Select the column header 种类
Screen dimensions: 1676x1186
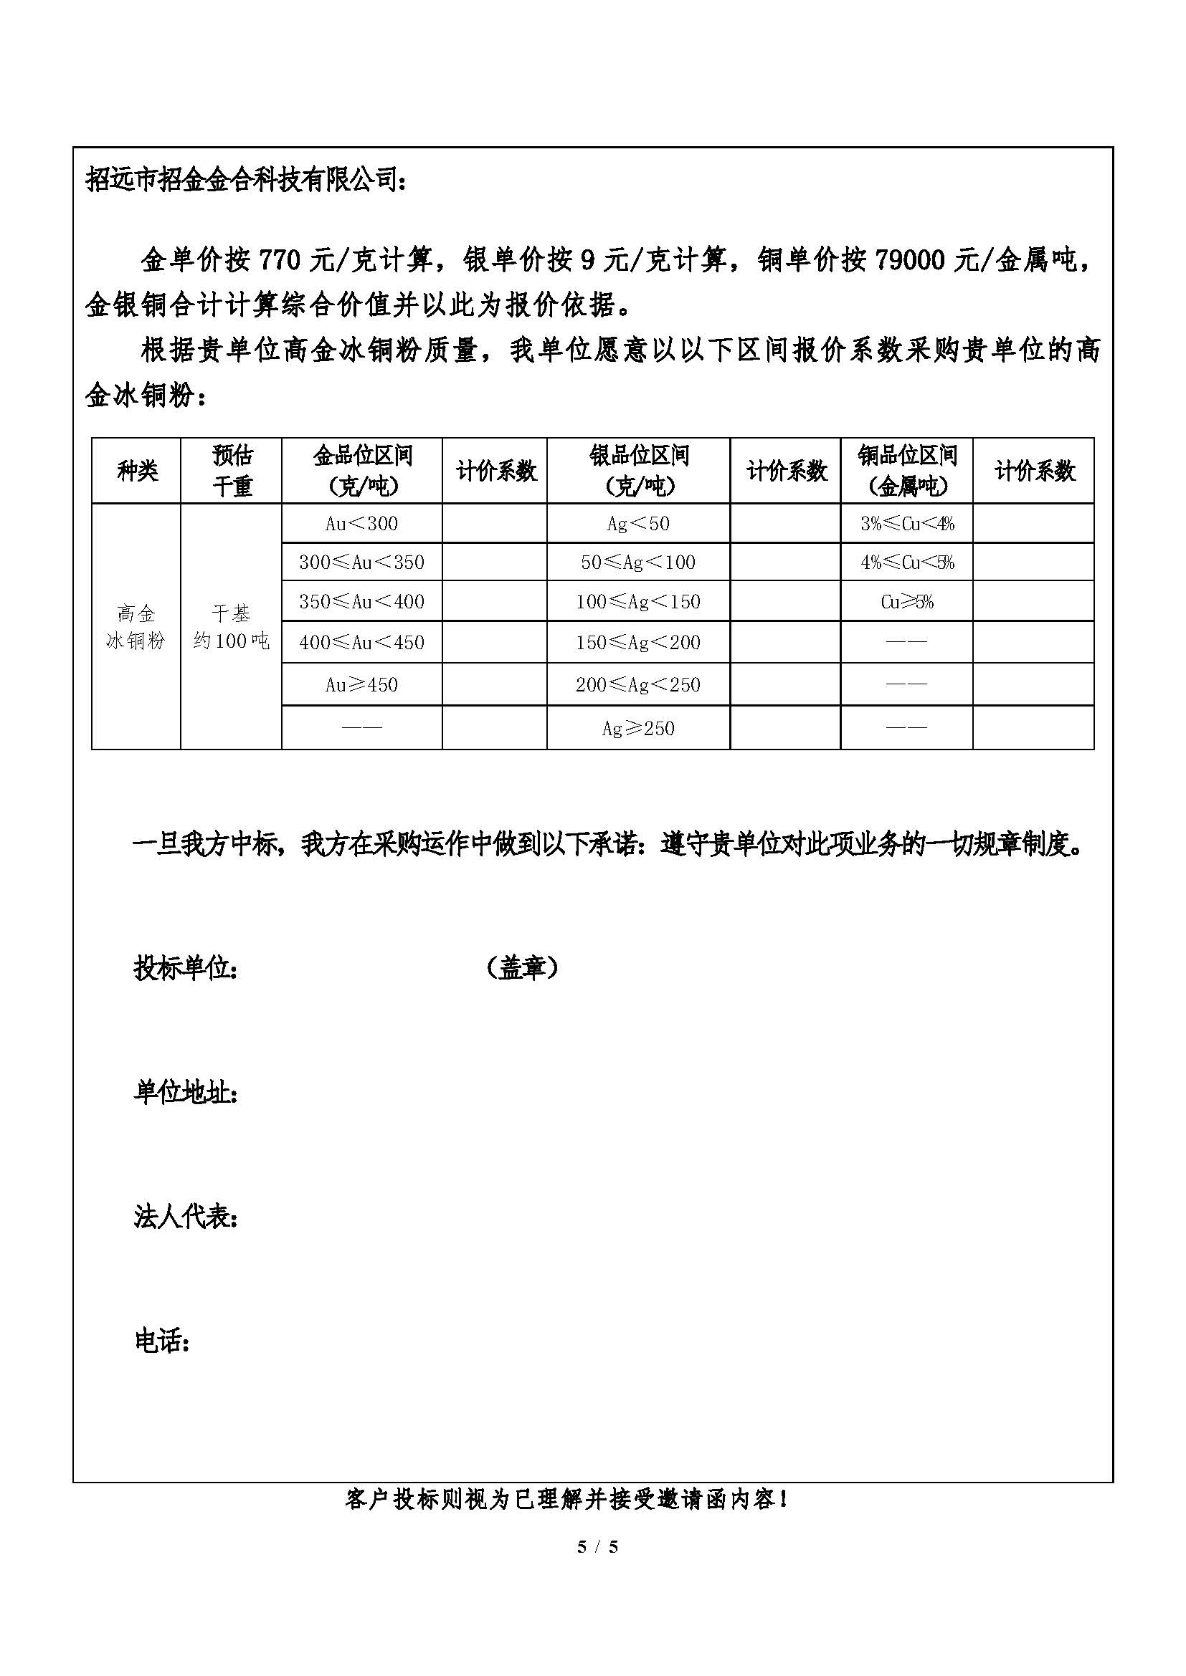pos(136,471)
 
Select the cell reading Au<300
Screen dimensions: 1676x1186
pos(361,523)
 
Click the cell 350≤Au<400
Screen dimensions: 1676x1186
pos(361,601)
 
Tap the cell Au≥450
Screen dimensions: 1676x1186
pos(361,685)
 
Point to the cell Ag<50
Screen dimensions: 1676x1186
pos(637,523)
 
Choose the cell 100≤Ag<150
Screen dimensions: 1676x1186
pos(637,601)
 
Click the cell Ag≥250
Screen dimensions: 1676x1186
pos(637,728)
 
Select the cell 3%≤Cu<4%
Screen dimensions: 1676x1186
pos(906,523)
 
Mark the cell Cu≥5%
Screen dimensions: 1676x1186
pos(906,601)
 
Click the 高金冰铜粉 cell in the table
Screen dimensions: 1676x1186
pos(136,627)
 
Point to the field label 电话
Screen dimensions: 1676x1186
pos(161,1341)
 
